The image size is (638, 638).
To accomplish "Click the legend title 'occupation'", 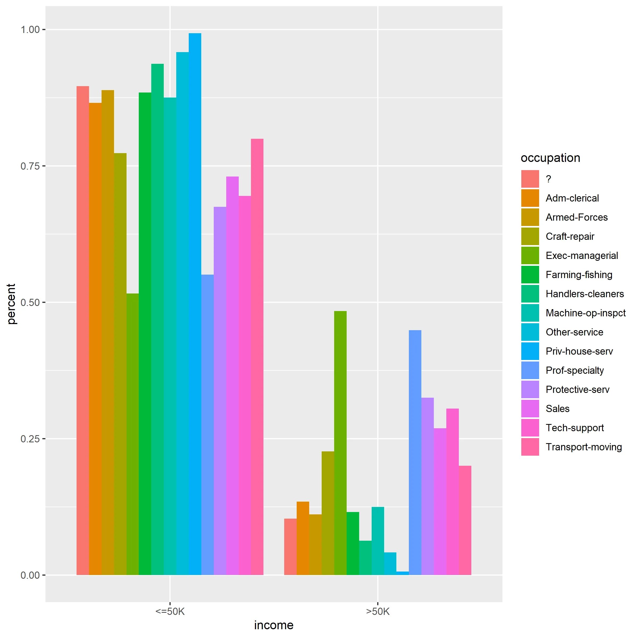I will coord(550,158).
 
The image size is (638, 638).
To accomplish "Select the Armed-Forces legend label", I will coord(577,217).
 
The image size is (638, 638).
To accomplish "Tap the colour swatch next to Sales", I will coord(530,409).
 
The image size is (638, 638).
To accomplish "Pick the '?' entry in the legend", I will coord(548,179).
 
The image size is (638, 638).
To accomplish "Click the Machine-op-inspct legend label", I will coord(585,313).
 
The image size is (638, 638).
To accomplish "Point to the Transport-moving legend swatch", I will coord(530,447).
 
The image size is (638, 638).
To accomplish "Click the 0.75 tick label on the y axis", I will coord(30,166).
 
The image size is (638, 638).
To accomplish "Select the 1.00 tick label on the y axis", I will coord(30,30).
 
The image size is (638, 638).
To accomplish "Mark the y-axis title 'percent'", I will coord(11,304).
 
